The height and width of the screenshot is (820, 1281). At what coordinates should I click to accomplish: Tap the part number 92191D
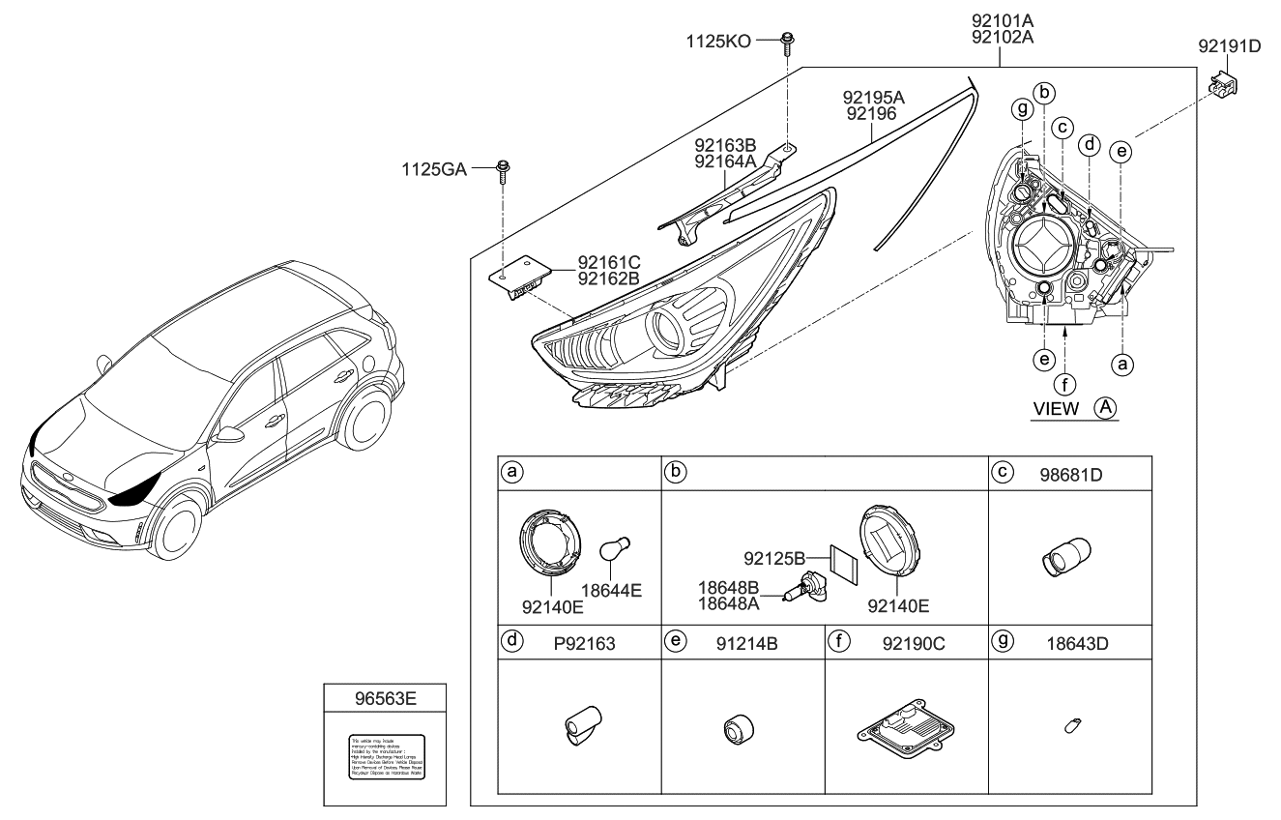[x=1229, y=44]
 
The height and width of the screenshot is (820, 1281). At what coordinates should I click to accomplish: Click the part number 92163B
[x=725, y=146]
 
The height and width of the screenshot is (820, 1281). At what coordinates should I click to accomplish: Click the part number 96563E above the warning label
[x=384, y=694]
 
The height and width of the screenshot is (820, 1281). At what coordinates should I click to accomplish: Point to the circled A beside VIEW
[x=1105, y=408]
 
